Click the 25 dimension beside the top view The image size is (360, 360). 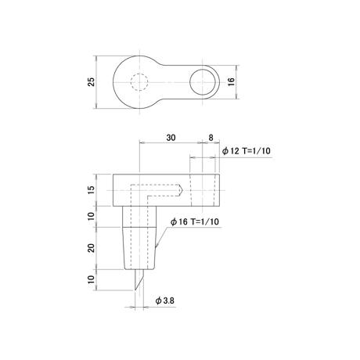point(92,82)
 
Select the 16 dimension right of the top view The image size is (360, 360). point(232,82)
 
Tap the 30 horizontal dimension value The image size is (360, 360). point(171,138)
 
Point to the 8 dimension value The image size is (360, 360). point(211,138)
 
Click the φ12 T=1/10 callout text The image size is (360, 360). point(247,151)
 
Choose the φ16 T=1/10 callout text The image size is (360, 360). point(195,221)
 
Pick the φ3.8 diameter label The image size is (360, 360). point(165,301)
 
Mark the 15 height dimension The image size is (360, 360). point(92,190)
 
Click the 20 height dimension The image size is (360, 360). point(92,248)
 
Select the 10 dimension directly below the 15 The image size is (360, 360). point(92,216)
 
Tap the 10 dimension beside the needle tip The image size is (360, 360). point(92,279)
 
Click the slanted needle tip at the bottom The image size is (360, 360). point(139,279)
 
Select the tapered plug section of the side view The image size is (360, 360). point(139,248)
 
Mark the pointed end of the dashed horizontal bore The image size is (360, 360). point(183,190)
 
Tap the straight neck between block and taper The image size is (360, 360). point(139,217)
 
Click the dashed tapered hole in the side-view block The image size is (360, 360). point(203,190)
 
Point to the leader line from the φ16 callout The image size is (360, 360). point(162,237)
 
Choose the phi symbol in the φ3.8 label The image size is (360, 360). point(158,301)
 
